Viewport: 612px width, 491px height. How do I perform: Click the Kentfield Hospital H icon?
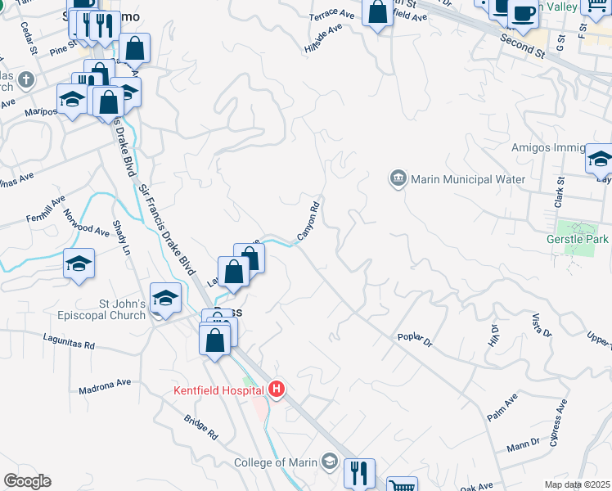(277, 389)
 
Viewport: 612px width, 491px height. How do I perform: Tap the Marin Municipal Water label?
(467, 179)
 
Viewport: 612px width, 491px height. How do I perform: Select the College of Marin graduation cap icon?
(329, 462)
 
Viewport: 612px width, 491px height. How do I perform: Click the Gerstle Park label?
(577, 239)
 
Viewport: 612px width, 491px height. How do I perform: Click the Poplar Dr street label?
(414, 339)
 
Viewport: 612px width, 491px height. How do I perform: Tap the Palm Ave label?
(502, 407)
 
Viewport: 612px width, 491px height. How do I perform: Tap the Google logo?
(27, 481)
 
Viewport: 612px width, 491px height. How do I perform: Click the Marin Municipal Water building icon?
(398, 178)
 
